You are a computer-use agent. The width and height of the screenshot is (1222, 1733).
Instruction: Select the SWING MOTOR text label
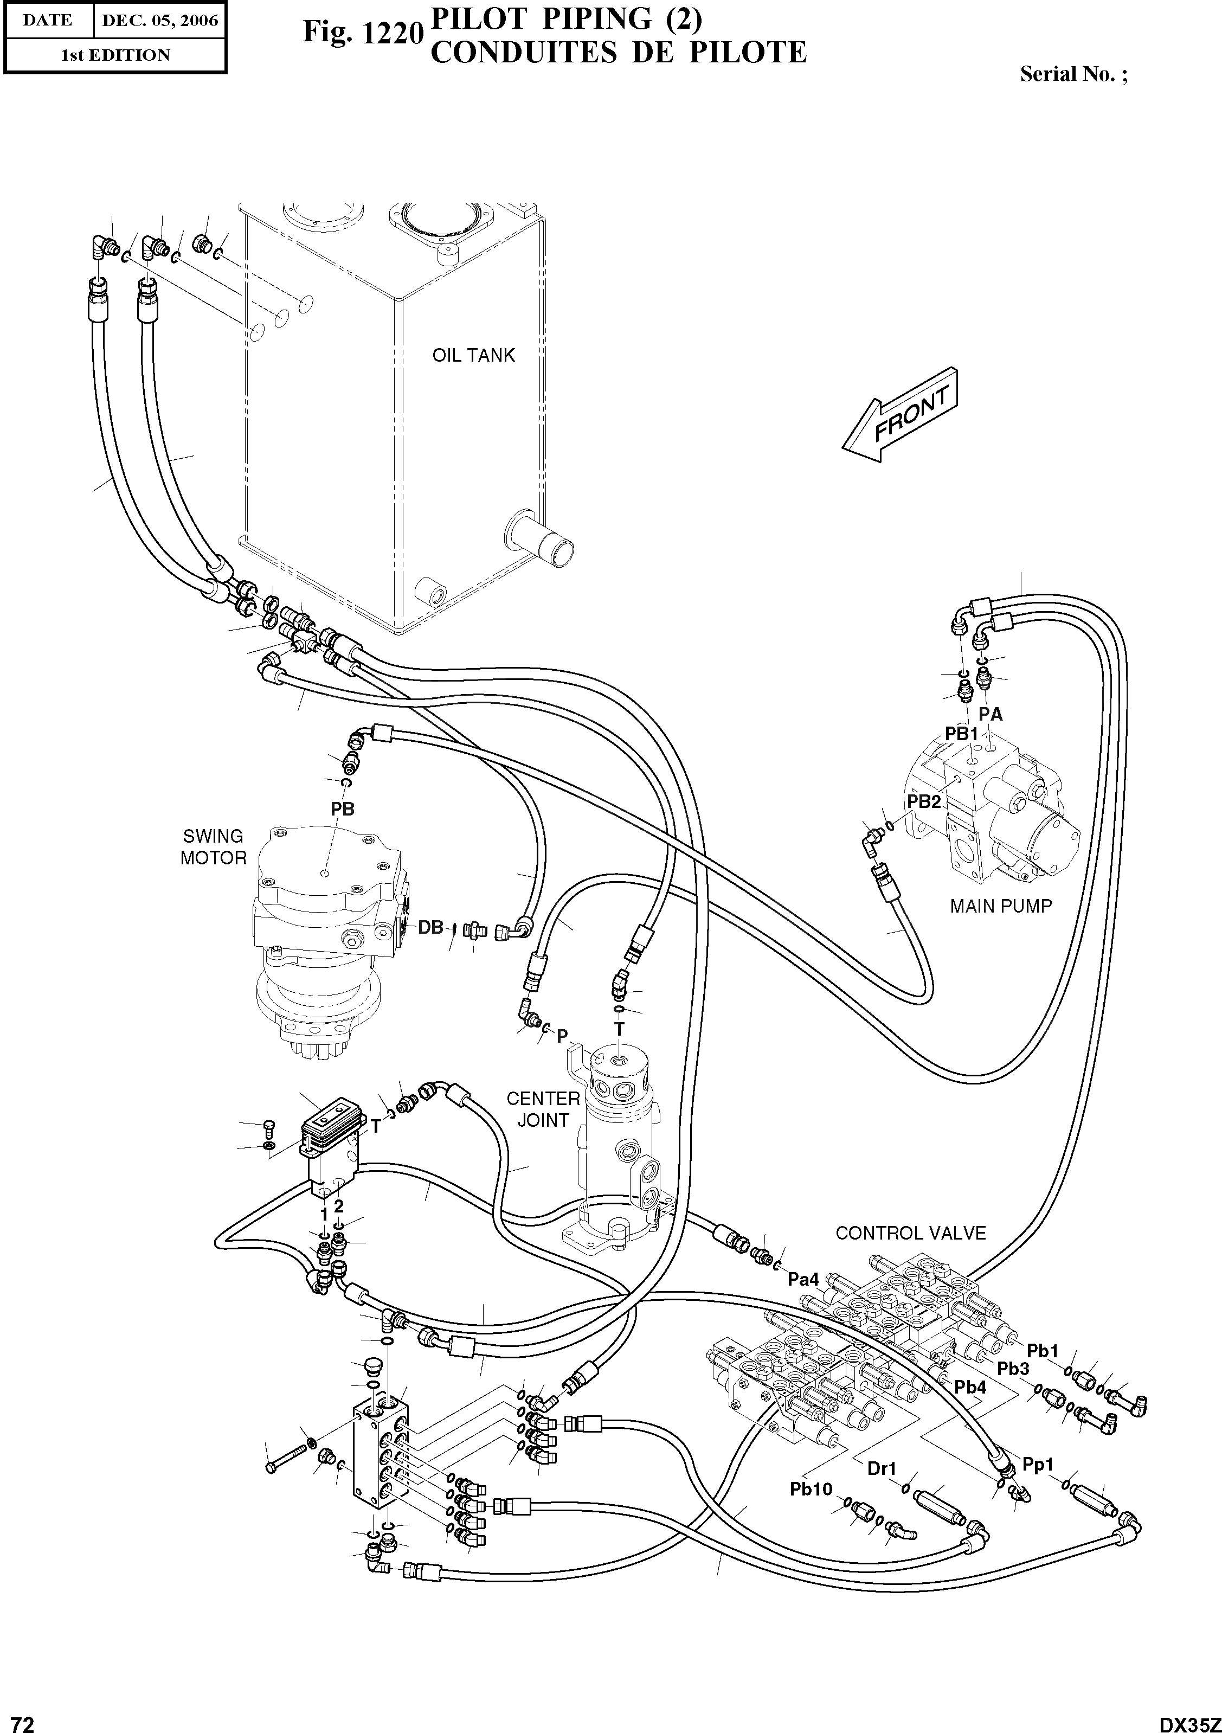coord(214,847)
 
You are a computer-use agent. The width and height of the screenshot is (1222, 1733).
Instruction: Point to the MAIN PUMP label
coord(1000,907)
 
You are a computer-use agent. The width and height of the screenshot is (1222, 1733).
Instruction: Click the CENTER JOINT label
coord(543,1109)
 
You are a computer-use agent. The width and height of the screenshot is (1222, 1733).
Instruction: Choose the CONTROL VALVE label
coord(910,1234)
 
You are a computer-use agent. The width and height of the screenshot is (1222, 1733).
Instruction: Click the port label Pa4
coord(803,1279)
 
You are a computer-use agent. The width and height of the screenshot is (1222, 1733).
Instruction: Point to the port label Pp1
coord(1038,1465)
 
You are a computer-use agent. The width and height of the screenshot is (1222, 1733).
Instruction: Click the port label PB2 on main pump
coord(924,801)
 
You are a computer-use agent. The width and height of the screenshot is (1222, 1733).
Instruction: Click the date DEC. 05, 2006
coord(159,21)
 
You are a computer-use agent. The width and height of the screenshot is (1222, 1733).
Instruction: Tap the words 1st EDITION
coord(115,55)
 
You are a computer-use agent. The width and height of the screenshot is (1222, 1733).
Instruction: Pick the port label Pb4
coord(970,1387)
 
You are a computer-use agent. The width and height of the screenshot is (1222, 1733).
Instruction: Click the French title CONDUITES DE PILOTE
coord(618,53)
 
